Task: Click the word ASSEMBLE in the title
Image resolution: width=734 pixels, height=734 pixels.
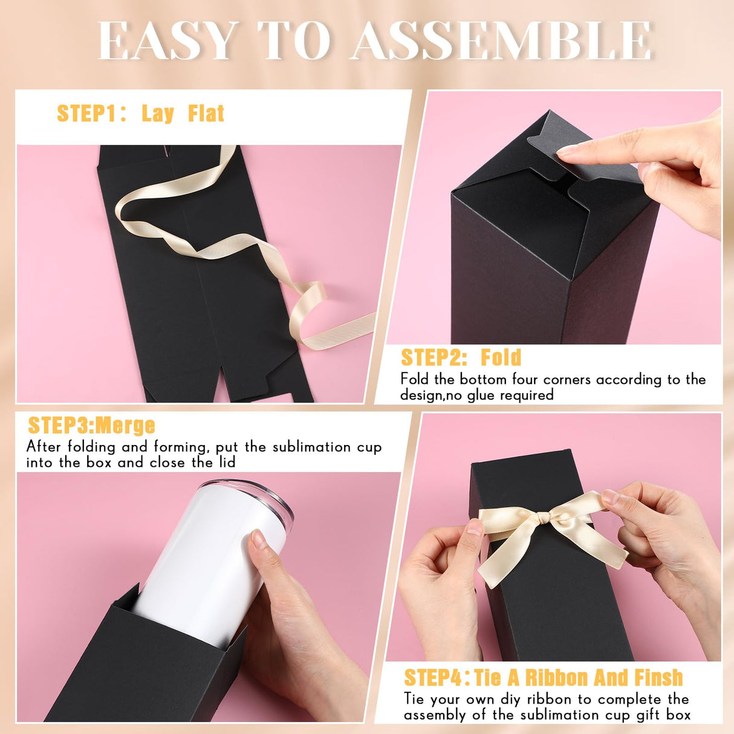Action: pyautogui.click(x=502, y=41)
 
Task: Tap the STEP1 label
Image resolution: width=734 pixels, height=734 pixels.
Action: pyautogui.click(x=88, y=114)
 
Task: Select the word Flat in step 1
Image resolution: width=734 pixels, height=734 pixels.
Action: pyautogui.click(x=206, y=114)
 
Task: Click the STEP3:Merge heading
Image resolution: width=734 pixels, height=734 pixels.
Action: pyautogui.click(x=91, y=426)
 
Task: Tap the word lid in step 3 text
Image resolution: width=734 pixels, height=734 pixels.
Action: pyautogui.click(x=226, y=463)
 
